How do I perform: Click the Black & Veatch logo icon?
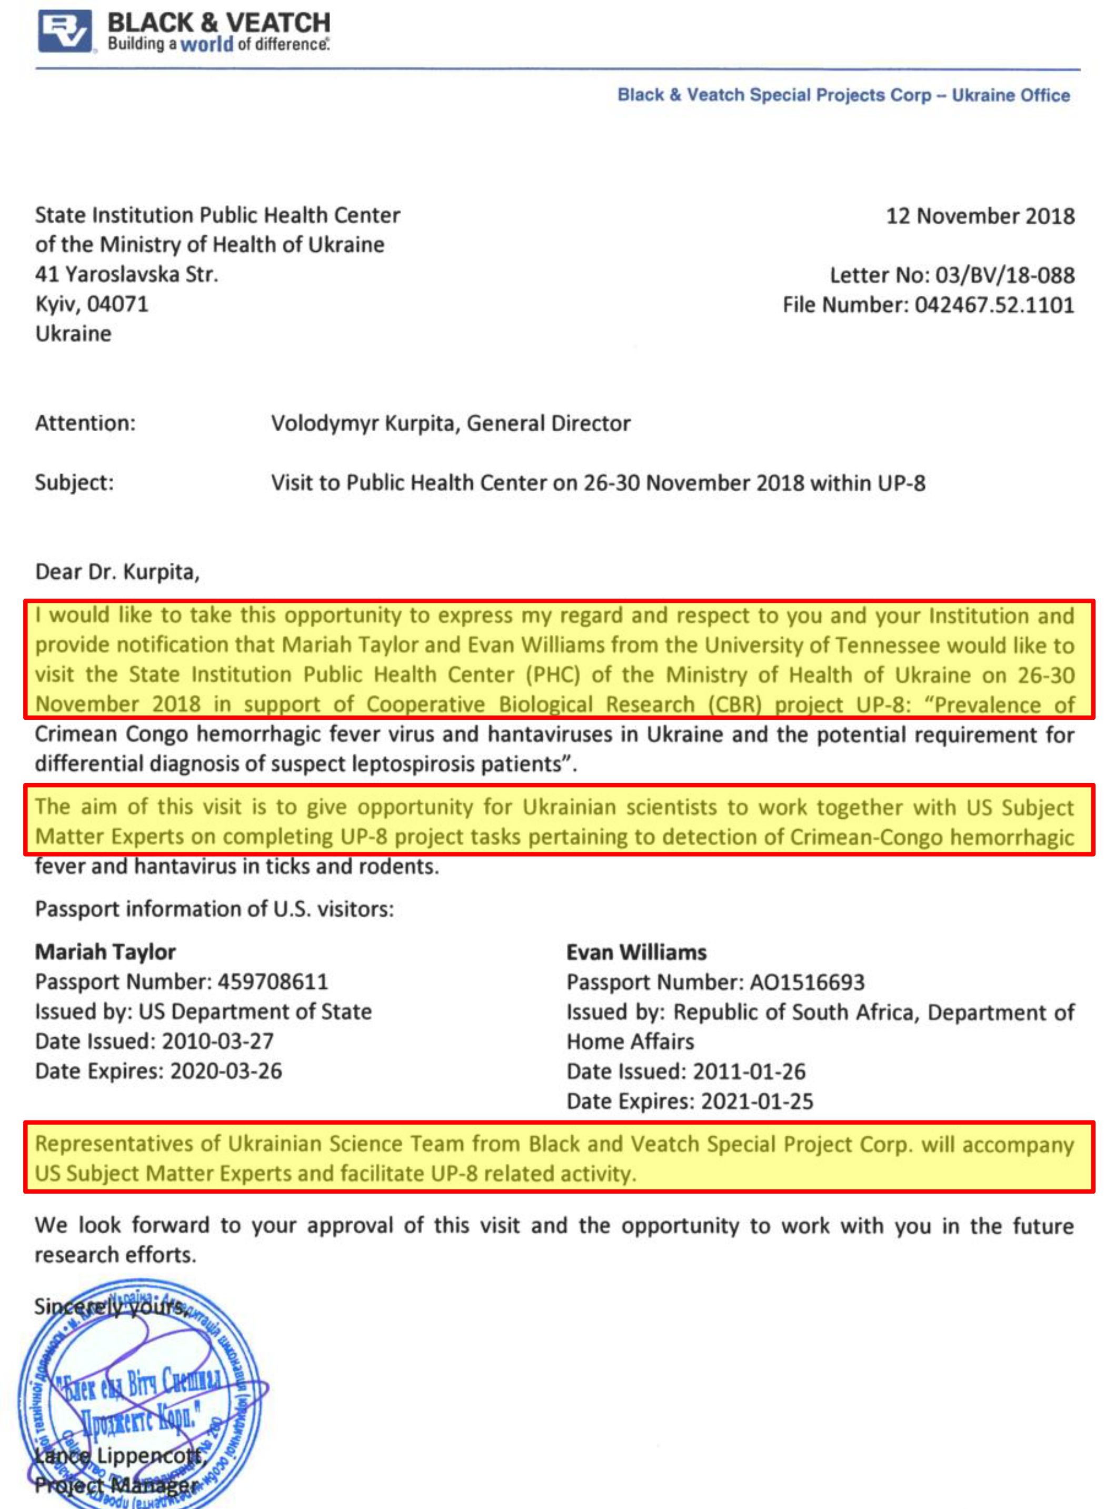click(65, 31)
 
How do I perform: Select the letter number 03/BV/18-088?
click(1004, 275)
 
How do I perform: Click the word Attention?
click(85, 423)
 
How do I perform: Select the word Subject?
click(74, 482)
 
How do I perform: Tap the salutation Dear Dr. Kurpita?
click(117, 572)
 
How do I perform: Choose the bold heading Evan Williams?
click(636, 952)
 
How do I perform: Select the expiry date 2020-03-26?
click(225, 1071)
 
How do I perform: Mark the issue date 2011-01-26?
click(749, 1071)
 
